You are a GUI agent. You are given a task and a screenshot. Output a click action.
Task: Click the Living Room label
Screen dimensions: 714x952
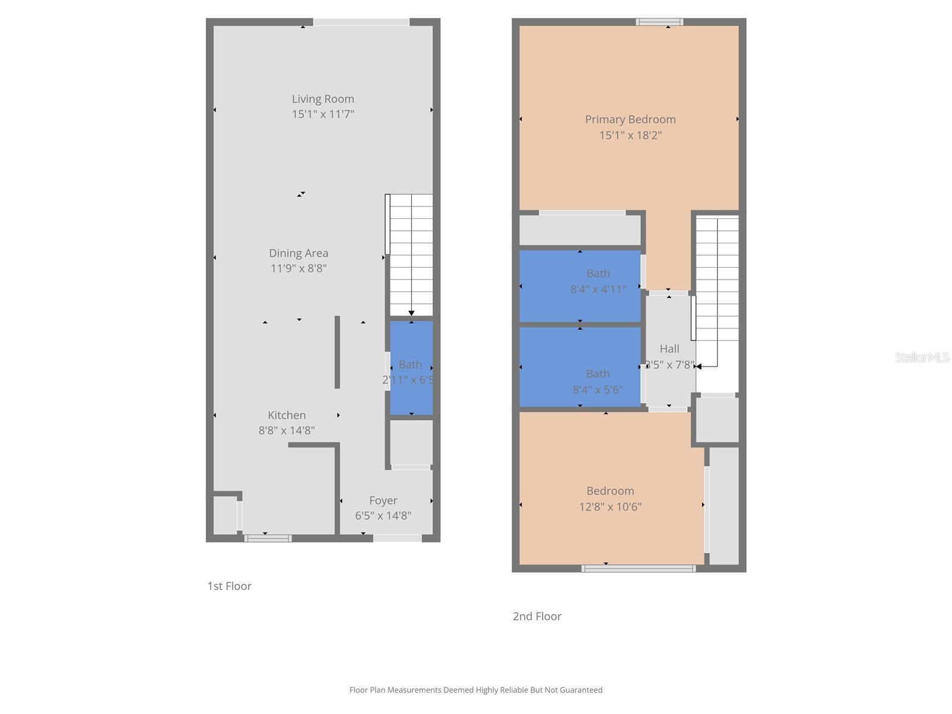pyautogui.click(x=322, y=99)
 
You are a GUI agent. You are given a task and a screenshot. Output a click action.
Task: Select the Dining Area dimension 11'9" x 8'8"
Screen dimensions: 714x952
pyautogui.click(x=298, y=268)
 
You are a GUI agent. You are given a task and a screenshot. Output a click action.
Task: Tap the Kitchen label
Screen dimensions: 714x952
pyautogui.click(x=286, y=415)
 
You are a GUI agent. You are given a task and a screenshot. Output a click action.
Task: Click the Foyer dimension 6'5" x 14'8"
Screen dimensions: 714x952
pyautogui.click(x=383, y=516)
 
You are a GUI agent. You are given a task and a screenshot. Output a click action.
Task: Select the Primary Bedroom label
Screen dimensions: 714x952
pyautogui.click(x=630, y=120)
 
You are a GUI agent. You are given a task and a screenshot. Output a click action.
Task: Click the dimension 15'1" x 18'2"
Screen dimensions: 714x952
pyautogui.click(x=630, y=135)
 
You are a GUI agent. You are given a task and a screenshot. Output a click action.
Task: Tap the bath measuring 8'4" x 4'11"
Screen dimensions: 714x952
pyautogui.click(x=580, y=286)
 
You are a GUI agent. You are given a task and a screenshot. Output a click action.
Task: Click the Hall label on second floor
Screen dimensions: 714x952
pyautogui.click(x=669, y=349)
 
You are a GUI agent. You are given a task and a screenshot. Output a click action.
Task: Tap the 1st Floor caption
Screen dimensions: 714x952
pyautogui.click(x=229, y=586)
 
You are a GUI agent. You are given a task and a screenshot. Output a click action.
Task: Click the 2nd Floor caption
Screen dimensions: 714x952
pyautogui.click(x=537, y=616)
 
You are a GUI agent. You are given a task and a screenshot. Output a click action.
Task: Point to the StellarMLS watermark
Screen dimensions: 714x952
pyautogui.click(x=922, y=357)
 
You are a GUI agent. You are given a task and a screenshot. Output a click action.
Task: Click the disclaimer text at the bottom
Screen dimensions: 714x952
pyautogui.click(x=475, y=690)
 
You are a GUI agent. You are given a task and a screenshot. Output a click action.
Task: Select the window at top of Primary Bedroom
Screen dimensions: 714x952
pyautogui.click(x=659, y=22)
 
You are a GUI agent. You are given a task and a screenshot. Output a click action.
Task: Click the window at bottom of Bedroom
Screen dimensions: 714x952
pyautogui.click(x=638, y=569)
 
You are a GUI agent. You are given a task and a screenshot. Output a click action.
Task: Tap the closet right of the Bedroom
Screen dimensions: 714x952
pyautogui.click(x=724, y=506)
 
